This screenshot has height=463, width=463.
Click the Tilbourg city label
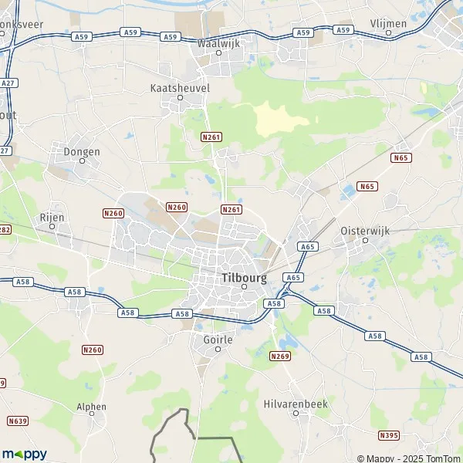[x=244, y=276]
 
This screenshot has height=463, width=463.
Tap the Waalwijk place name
[x=219, y=43]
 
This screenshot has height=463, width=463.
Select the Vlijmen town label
[x=388, y=23]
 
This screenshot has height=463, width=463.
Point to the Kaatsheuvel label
[x=179, y=88]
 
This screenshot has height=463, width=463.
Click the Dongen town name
[x=82, y=151]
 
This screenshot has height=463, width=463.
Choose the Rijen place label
[x=52, y=217]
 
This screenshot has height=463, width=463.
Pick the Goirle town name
[x=218, y=338]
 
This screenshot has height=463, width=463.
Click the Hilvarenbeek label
[x=296, y=403]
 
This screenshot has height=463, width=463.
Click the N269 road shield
[x=279, y=356]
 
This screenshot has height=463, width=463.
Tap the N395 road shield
[x=390, y=436]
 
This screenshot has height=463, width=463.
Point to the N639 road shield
[x=18, y=421]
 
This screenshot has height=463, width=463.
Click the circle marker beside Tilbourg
[x=244, y=287]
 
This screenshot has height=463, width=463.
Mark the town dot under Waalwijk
[x=218, y=53]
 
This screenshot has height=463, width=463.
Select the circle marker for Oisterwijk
[x=366, y=239]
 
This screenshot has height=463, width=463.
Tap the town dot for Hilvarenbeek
[x=296, y=413]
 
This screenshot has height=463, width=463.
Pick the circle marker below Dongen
[x=82, y=161]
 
